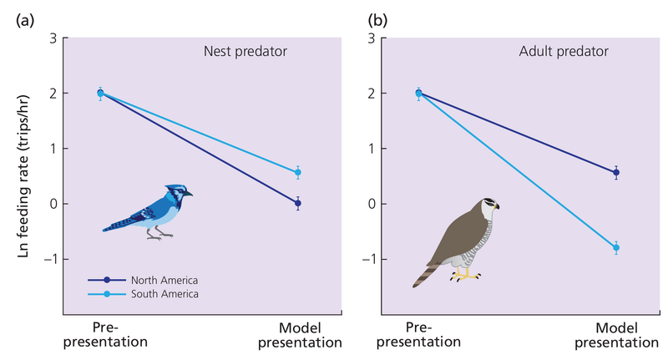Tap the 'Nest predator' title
[x=245, y=52]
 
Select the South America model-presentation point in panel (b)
[x=616, y=248]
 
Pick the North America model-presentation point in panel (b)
[x=616, y=173]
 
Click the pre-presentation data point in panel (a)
[x=100, y=94]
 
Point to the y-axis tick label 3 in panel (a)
[x=53, y=38]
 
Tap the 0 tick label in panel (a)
[x=53, y=204]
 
